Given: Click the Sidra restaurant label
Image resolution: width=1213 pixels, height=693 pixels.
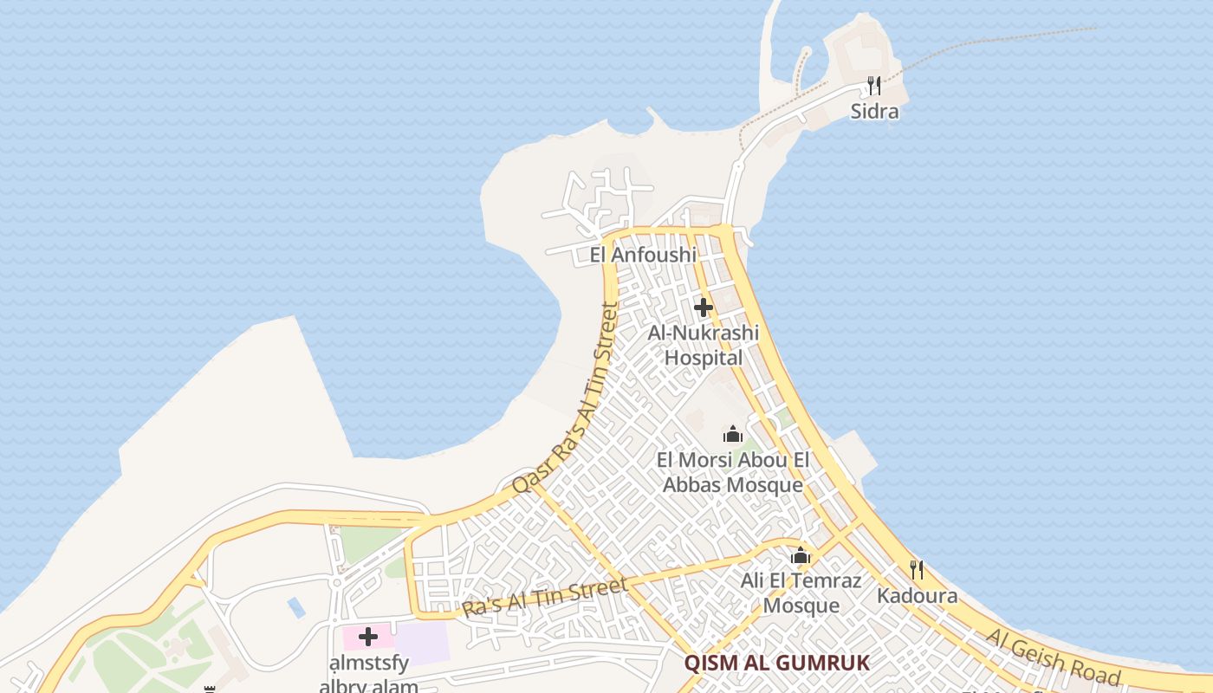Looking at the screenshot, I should point(874,112).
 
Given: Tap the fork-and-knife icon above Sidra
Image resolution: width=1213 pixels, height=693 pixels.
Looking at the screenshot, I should point(874,86).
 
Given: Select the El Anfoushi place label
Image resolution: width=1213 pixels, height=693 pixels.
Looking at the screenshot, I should point(643,255).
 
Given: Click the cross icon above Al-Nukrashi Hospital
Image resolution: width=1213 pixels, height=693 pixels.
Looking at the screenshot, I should point(703,308).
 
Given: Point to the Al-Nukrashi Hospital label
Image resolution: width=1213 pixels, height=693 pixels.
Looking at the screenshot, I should point(703,346).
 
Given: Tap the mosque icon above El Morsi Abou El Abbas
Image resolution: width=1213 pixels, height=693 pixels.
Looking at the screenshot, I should point(733,433).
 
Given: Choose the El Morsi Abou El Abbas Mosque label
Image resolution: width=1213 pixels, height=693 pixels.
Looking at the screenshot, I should point(733,472).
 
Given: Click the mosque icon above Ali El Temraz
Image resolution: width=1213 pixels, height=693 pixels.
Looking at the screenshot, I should point(801,555).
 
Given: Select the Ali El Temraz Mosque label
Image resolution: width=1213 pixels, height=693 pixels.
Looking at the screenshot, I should point(801,593).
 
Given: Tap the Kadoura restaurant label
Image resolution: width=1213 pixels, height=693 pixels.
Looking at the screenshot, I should point(917,596).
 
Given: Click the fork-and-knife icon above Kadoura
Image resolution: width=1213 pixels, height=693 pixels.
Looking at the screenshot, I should point(917,570).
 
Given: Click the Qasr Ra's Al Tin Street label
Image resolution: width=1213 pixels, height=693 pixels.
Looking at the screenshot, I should point(568,398).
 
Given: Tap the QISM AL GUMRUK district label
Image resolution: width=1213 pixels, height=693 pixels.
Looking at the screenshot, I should point(776,664).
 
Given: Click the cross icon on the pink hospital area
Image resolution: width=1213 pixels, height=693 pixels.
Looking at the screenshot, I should point(368,638).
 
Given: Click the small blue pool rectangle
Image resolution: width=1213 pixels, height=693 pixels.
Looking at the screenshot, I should point(296,607).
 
